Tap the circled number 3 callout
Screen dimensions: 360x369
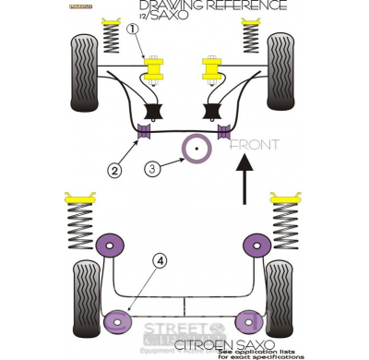(x=152, y=168)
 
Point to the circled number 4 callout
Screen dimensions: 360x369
(x=161, y=261)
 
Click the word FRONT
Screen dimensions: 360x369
(x=255, y=144)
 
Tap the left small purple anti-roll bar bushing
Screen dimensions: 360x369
(x=144, y=132)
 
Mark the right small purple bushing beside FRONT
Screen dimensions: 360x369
(x=222, y=132)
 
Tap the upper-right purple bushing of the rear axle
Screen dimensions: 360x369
(x=255, y=246)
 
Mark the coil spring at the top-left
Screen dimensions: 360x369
(x=113, y=37)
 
